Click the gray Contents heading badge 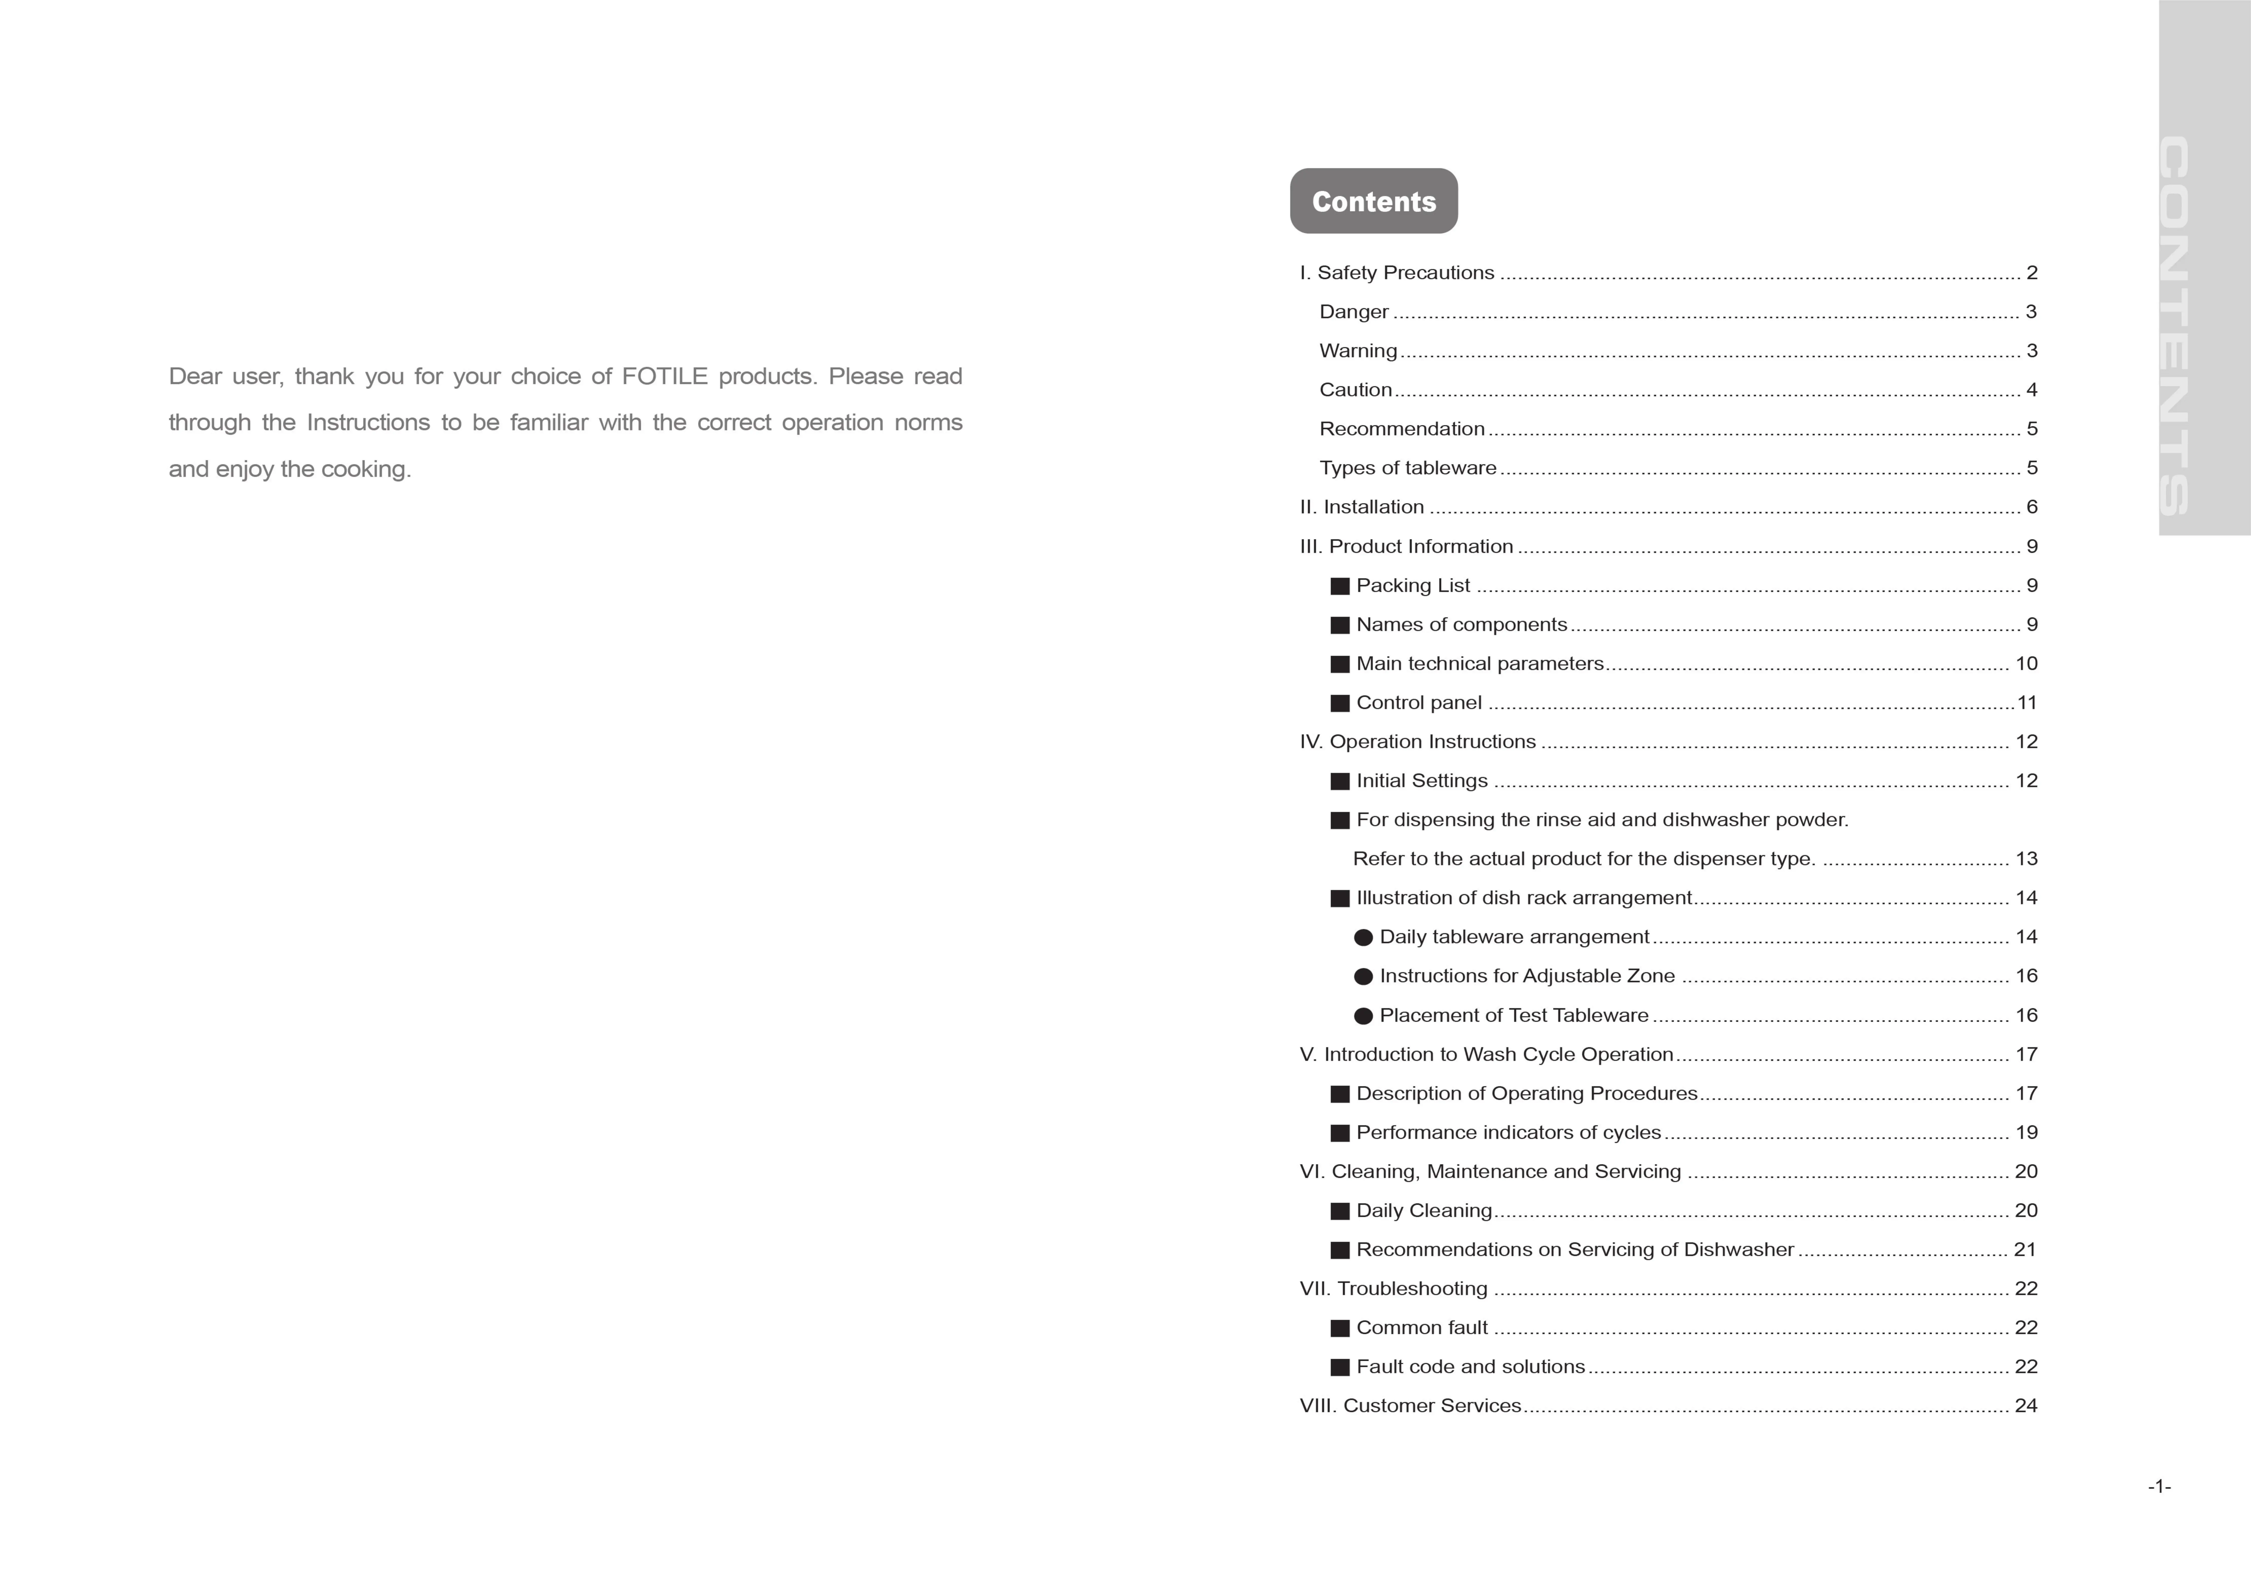pyautogui.click(x=1373, y=201)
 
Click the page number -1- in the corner pyautogui.click(x=2159, y=1487)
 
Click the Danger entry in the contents pyautogui.click(x=1354, y=312)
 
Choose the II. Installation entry pyautogui.click(x=1361, y=507)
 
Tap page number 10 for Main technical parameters pyautogui.click(x=2025, y=664)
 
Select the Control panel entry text pyautogui.click(x=1418, y=703)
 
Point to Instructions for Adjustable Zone pyautogui.click(x=1526, y=976)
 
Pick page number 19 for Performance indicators pyautogui.click(x=2025, y=1133)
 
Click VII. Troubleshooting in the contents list pyautogui.click(x=1393, y=1289)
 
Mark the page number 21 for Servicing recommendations pyautogui.click(x=2024, y=1250)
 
